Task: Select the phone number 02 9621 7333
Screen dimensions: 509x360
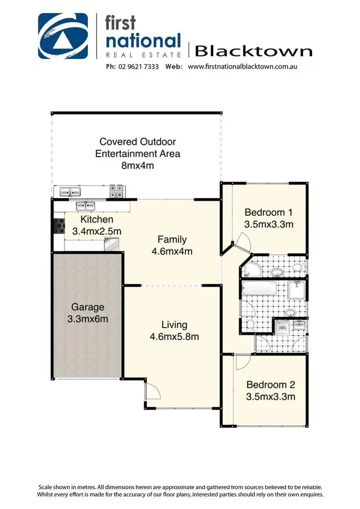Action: pyautogui.click(x=136, y=67)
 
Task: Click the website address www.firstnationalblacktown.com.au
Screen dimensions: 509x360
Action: pyautogui.click(x=242, y=67)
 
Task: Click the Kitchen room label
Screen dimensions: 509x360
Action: pyautogui.click(x=97, y=220)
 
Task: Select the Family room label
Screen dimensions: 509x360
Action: pyautogui.click(x=172, y=239)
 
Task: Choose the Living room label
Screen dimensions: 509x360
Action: pyautogui.click(x=174, y=325)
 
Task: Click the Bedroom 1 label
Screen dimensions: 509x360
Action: pyautogui.click(x=268, y=212)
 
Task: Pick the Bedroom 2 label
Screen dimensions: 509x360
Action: pyautogui.click(x=270, y=385)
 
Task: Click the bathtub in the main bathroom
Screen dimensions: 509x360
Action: pyautogui.click(x=260, y=290)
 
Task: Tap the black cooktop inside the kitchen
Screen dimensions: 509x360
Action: pyautogui.click(x=59, y=225)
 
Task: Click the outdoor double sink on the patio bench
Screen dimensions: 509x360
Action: pyautogui.click(x=70, y=192)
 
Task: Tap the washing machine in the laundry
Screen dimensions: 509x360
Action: pyautogui.click(x=282, y=328)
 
